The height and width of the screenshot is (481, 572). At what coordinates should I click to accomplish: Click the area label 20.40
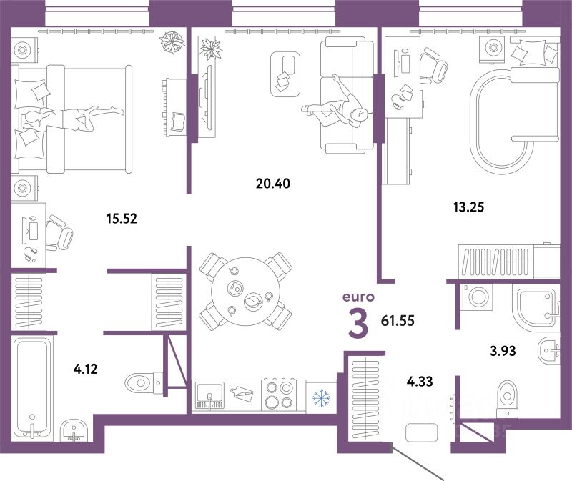pyautogui.click(x=273, y=184)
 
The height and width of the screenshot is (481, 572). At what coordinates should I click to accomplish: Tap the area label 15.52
pyautogui.click(x=122, y=219)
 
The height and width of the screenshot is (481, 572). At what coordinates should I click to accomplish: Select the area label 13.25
pyautogui.click(x=468, y=207)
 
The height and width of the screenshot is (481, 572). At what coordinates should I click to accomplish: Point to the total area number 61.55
pyautogui.click(x=398, y=321)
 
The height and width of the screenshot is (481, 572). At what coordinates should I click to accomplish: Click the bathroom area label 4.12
pyautogui.click(x=85, y=369)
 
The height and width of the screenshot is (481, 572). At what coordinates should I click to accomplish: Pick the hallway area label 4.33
pyautogui.click(x=420, y=382)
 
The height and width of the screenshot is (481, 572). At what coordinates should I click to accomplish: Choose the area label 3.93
pyautogui.click(x=503, y=351)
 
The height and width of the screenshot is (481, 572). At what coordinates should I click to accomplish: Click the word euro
pyautogui.click(x=358, y=297)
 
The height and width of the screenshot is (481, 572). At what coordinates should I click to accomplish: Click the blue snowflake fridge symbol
pyautogui.click(x=321, y=397)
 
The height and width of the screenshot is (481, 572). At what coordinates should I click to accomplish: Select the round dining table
pyautogui.click(x=245, y=292)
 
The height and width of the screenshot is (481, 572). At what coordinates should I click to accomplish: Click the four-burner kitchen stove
pyautogui.click(x=279, y=396)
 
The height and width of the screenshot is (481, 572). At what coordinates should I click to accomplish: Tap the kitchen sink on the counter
pyautogui.click(x=209, y=395)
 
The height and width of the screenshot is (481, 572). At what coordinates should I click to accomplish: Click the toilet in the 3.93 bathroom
pyautogui.click(x=508, y=399)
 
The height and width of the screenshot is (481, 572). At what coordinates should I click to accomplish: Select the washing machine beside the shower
pyautogui.click(x=478, y=297)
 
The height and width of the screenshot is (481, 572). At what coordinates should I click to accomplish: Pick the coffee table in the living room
pyautogui.click(x=285, y=74)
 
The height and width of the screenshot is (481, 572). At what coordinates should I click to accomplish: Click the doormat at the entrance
pyautogui.click(x=421, y=432)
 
